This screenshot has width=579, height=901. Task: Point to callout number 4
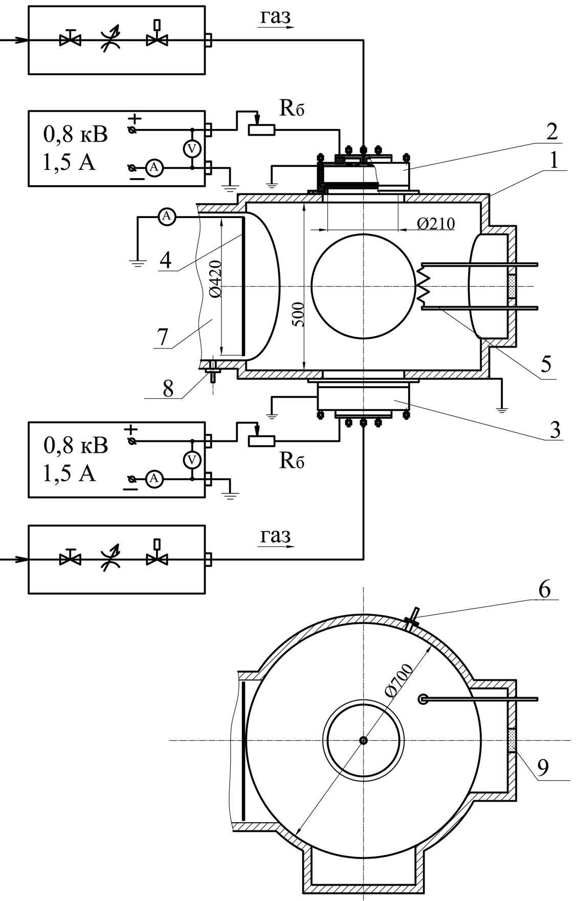(165, 261)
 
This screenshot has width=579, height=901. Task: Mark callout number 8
(167, 389)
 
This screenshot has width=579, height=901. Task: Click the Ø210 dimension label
(436, 224)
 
